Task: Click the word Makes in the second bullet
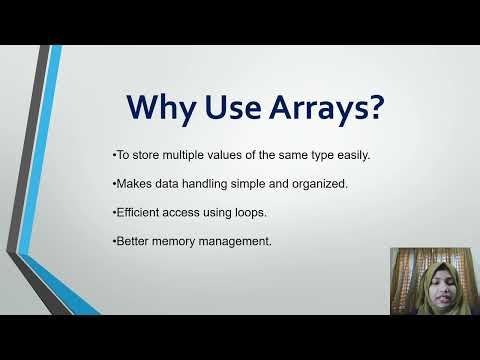[x=131, y=185]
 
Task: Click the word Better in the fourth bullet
[x=130, y=242]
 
